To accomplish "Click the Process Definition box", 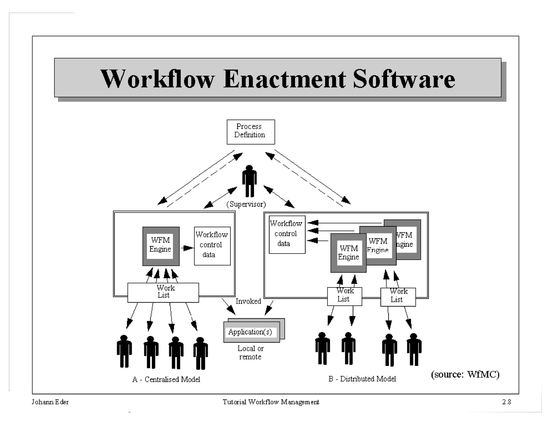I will [251, 132].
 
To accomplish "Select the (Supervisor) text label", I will [246, 204].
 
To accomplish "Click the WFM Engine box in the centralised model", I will [161, 246].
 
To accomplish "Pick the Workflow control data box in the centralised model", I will [212, 246].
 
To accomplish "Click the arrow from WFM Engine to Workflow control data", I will [187, 248].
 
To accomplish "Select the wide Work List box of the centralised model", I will [163, 292].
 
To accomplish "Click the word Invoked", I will [248, 301].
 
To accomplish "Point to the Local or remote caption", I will [250, 352].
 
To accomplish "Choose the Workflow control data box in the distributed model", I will [287, 234].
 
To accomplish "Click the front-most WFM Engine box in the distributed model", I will [348, 253].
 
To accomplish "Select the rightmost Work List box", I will [398, 297].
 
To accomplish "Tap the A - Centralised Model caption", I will [166, 379].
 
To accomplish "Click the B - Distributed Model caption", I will [362, 379].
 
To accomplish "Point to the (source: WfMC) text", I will [465, 374].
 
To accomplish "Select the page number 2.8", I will [506, 402].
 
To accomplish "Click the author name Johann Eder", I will [50, 402].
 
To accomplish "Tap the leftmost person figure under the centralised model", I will [124, 351].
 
